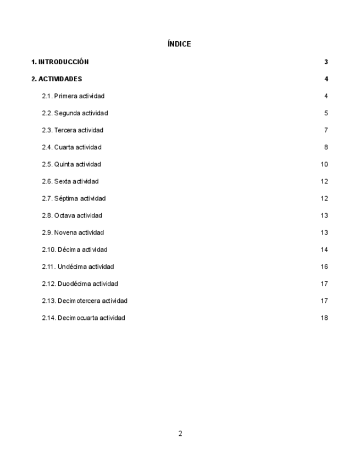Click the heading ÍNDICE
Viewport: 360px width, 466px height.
pos(180,44)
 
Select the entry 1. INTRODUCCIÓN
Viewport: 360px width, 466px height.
pos(60,62)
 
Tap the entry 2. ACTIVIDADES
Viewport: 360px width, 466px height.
pos(57,79)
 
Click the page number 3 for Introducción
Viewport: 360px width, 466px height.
pos(326,62)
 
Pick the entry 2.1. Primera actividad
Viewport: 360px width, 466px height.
pos(73,96)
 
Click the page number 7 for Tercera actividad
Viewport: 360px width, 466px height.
pos(326,130)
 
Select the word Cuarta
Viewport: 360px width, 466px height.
pos(64,147)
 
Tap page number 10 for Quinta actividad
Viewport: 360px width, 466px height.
pos(324,164)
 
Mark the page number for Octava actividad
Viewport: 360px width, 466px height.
pos(324,215)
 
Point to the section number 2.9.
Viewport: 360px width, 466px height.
pos(47,232)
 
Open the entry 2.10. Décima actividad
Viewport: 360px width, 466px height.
pos(75,249)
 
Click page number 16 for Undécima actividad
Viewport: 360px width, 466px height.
pos(324,267)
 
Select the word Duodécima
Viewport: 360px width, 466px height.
pos(72,284)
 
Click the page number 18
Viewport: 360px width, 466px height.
pos(324,318)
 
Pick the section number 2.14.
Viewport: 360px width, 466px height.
pos(49,318)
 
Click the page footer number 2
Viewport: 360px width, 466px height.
pos(180,434)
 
